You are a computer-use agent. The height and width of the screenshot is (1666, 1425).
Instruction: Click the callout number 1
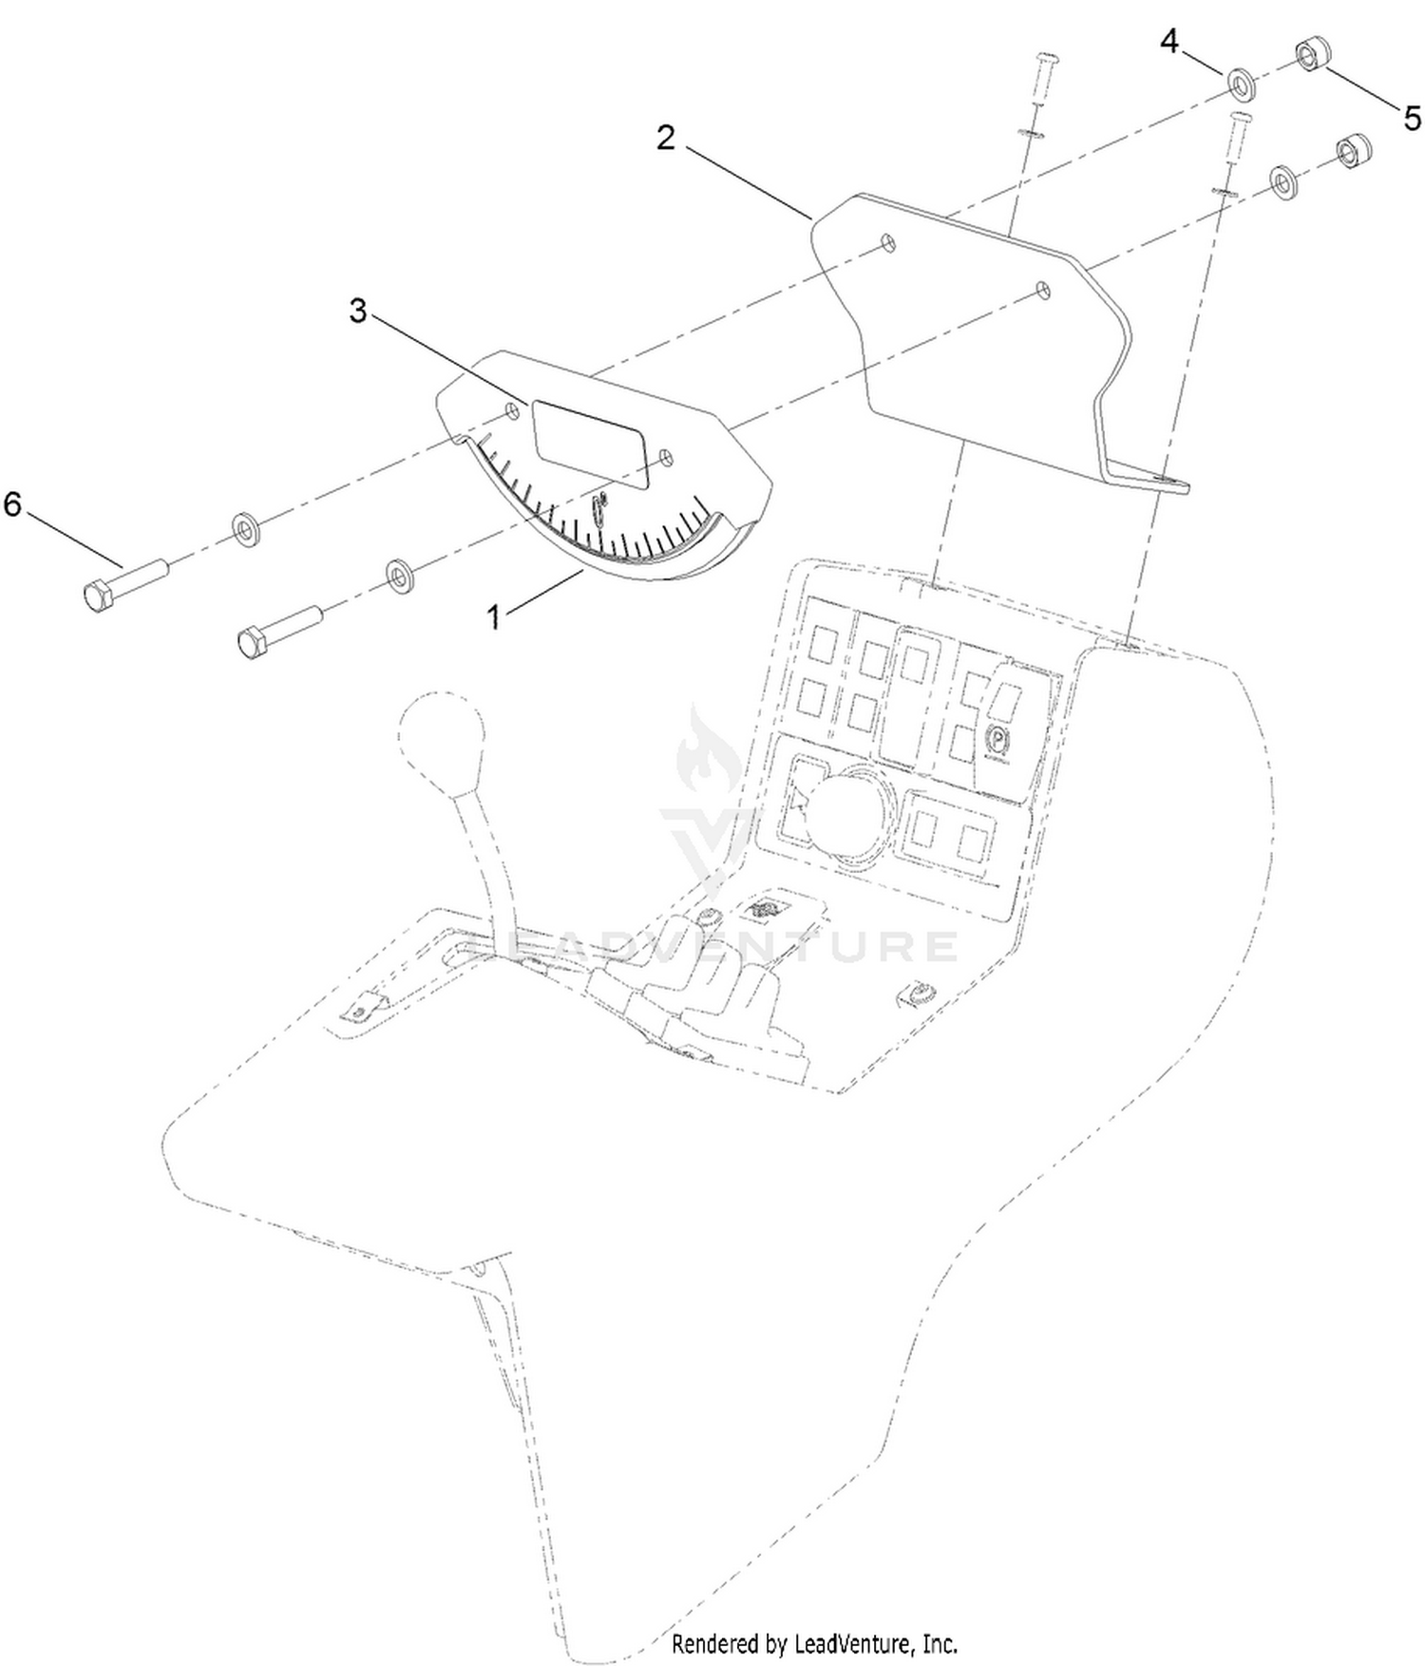[x=493, y=617]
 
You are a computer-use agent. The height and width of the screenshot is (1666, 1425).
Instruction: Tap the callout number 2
[x=666, y=139]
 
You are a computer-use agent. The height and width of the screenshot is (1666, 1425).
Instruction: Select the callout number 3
[x=357, y=311]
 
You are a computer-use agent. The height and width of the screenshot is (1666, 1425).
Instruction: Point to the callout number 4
[x=1170, y=42]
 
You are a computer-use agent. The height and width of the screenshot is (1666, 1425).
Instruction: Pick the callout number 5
[x=1413, y=119]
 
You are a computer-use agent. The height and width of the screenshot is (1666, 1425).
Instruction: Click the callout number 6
[x=11, y=503]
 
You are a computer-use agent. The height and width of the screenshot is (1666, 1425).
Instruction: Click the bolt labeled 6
[x=123, y=581]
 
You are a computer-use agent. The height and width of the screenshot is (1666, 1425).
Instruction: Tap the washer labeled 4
[x=1243, y=84]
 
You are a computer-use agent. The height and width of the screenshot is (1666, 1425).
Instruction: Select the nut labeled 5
[x=1311, y=56]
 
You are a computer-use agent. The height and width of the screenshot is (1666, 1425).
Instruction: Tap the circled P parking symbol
[x=997, y=735]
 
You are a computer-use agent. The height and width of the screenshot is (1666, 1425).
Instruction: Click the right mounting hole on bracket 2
[x=1043, y=289]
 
